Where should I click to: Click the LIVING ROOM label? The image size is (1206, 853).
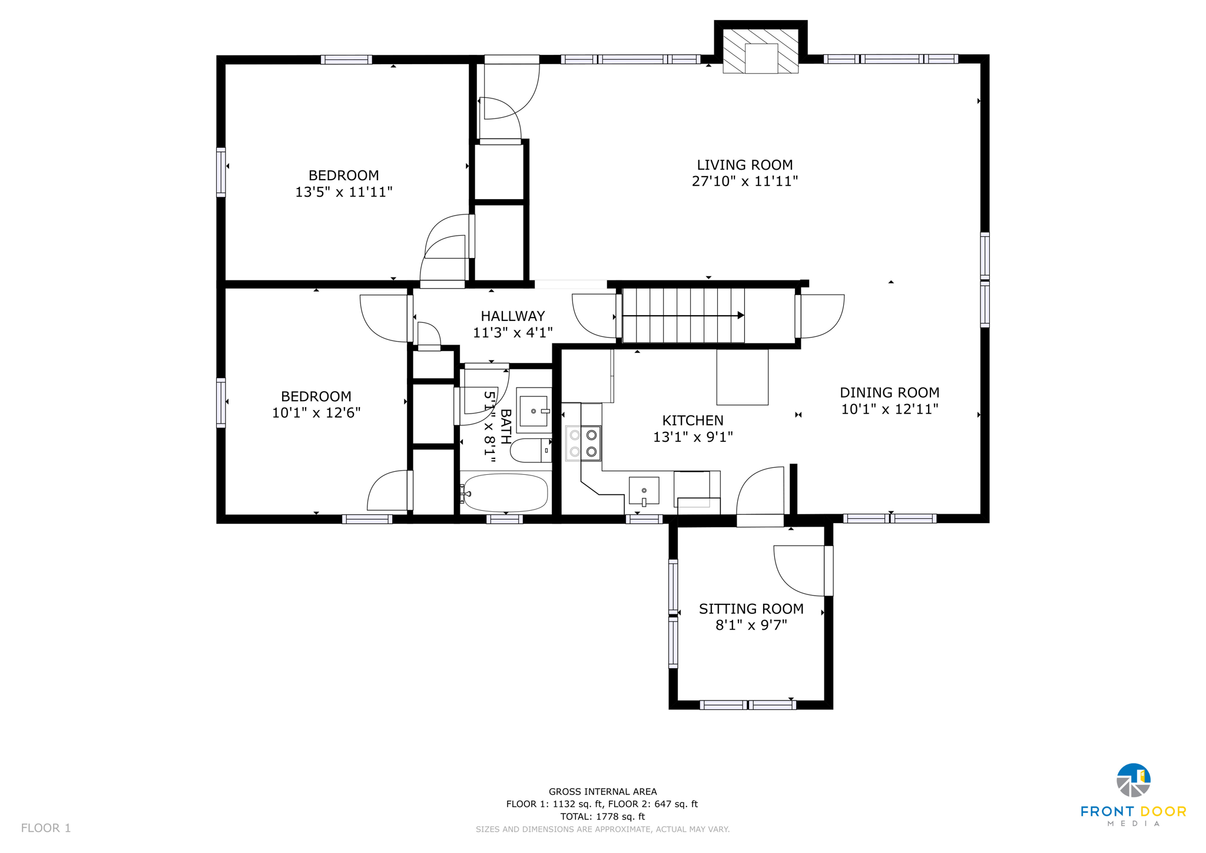(744, 165)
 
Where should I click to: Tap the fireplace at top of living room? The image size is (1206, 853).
(760, 52)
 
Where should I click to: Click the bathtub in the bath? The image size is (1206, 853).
(505, 492)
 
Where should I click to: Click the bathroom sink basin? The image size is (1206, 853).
(534, 411)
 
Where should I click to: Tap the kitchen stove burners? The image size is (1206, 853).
(583, 444)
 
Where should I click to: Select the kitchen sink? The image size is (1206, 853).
(644, 491)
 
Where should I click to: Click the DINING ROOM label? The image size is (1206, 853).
(889, 392)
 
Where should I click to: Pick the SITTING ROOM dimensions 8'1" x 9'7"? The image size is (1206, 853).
(751, 625)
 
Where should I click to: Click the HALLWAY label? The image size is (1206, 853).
(512, 316)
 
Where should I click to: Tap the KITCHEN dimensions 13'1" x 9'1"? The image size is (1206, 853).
(693, 437)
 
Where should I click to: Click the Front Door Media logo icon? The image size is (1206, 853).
(1133, 781)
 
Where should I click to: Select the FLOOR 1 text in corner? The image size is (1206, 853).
(46, 828)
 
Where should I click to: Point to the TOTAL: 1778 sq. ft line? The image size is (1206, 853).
(602, 816)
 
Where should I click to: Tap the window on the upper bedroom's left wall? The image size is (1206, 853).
(221, 171)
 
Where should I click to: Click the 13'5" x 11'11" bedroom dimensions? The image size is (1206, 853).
(343, 191)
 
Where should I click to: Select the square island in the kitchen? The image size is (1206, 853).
(742, 377)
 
